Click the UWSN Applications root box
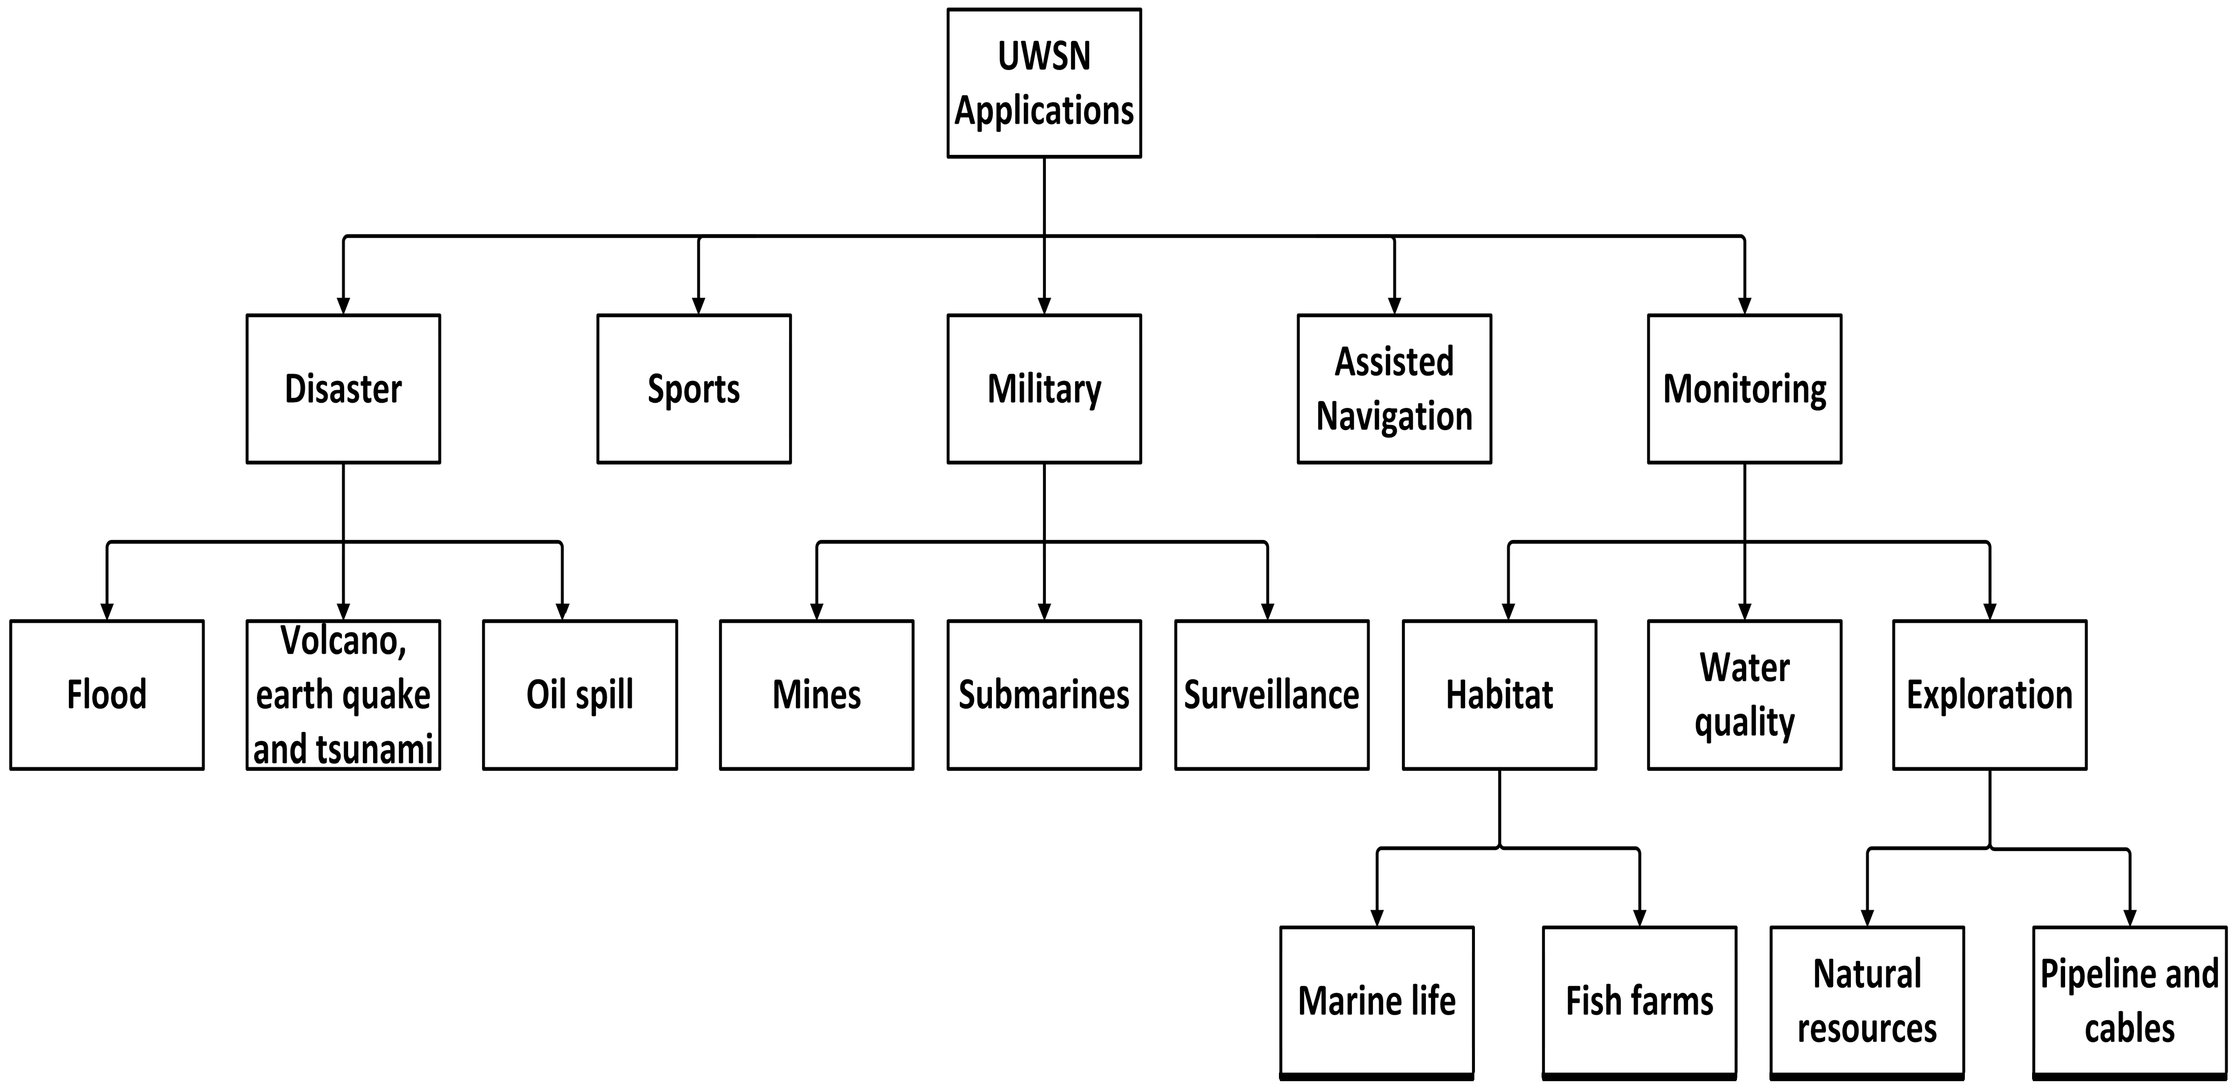pos(1044,84)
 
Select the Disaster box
pos(344,388)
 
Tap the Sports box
pos(694,388)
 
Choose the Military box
pos(1044,388)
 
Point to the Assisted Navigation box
pos(1394,388)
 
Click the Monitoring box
pos(1744,388)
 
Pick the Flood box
pos(107,694)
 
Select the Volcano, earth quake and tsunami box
pos(344,694)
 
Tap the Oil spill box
pos(580,694)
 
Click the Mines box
pos(816,694)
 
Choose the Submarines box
pos(1044,694)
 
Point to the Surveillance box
pos(1272,694)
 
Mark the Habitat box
pos(1499,694)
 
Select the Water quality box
pos(1744,694)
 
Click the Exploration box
pos(1989,694)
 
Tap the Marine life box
pos(1376,1001)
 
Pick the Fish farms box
pos(1639,1001)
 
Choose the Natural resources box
pos(1867,1001)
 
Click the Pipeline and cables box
pos(2129,1001)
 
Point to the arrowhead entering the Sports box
pos(698,306)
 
